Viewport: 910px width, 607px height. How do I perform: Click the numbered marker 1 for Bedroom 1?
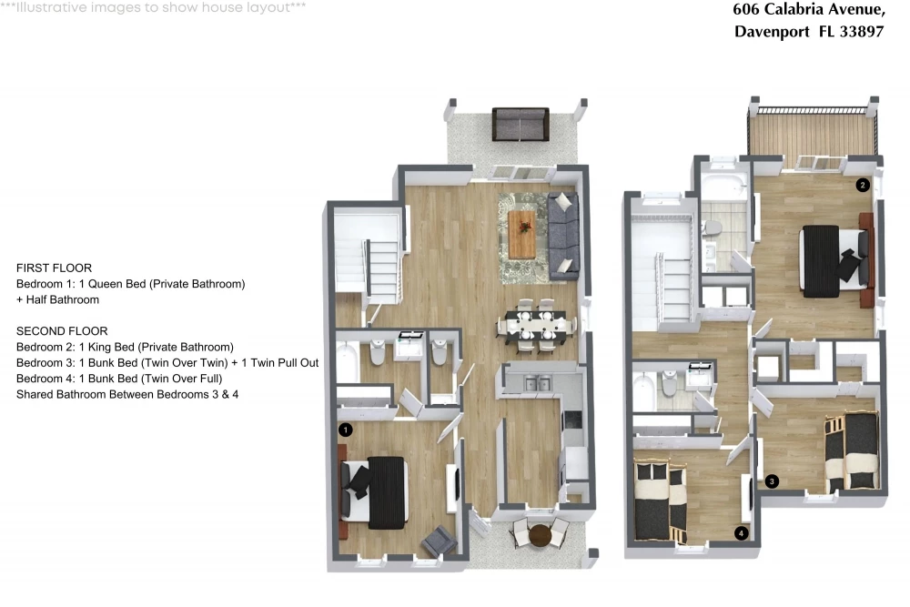345,430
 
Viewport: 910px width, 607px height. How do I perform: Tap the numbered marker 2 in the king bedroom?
863,185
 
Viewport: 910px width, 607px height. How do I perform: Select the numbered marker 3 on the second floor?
772,481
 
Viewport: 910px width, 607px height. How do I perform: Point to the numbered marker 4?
741,532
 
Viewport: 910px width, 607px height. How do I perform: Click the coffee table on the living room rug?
521,234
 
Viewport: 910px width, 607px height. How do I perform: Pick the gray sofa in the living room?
563,236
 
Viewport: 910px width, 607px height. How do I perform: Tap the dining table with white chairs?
535,326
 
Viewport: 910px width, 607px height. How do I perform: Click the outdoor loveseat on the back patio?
521,124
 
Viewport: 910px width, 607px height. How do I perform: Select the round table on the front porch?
540,535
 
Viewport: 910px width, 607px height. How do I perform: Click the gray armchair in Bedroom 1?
440,542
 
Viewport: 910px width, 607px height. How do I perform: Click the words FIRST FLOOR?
54,268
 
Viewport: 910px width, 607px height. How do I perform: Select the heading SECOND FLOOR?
62,331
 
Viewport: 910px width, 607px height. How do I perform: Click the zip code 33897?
862,31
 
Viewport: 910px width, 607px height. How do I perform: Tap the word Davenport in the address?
772,31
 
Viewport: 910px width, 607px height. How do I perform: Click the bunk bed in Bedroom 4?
661,501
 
